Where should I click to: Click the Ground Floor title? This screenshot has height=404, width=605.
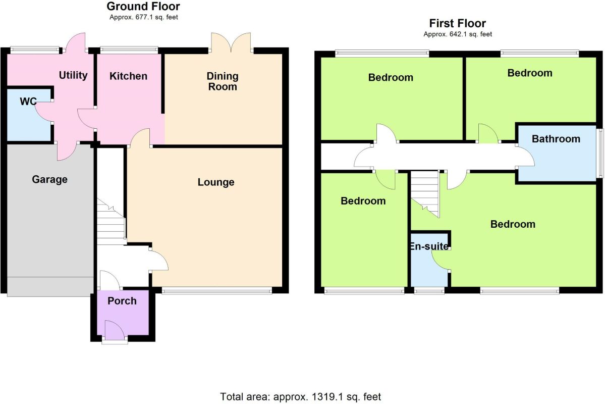point(143,7)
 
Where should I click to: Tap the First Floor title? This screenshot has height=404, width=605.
point(457,24)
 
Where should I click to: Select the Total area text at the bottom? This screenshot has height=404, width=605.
point(301,396)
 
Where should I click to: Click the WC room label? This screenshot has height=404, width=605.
point(28,102)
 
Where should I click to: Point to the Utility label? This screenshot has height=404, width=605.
point(73,75)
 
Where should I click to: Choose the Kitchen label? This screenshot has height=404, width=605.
point(129,76)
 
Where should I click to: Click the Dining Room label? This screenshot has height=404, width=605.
point(223,81)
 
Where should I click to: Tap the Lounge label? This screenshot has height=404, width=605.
point(215,182)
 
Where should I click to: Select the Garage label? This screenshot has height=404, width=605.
point(49,179)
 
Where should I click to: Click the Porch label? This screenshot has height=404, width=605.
point(122,301)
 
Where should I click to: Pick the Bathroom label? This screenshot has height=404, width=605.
point(556,139)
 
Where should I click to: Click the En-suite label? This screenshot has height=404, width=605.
point(428,247)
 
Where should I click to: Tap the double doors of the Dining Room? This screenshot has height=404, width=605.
point(231,43)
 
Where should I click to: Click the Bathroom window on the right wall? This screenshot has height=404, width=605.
point(600,153)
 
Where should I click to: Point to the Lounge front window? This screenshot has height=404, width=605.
point(216,290)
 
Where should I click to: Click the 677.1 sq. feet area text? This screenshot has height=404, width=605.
point(144,17)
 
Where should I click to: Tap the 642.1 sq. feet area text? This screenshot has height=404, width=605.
point(457,34)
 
